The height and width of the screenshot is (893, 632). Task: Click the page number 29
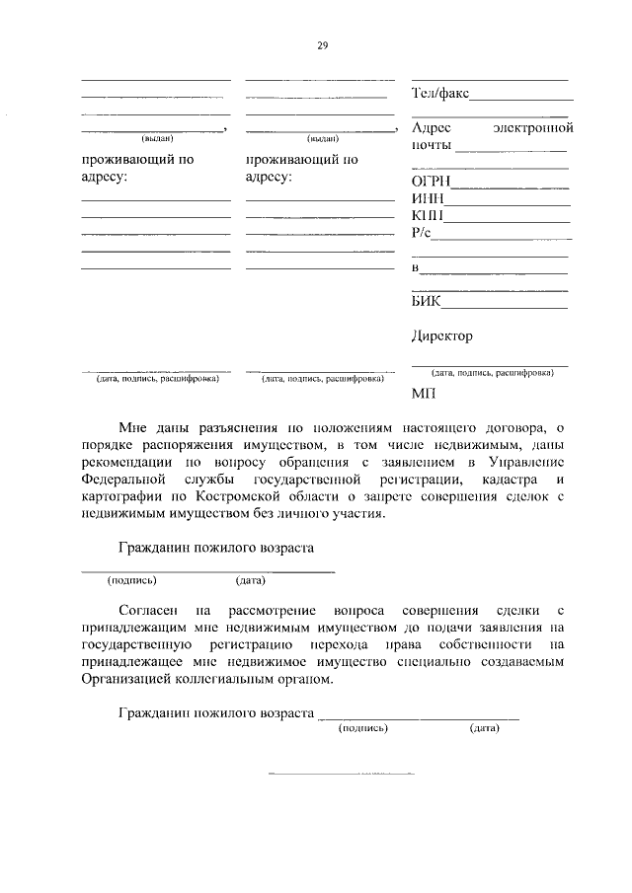tap(322, 44)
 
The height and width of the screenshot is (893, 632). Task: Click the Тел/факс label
tap(439, 95)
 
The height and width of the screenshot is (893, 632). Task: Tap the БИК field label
tap(426, 301)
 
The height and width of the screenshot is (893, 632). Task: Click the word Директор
tap(441, 335)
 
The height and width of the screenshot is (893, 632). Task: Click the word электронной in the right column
tap(532, 128)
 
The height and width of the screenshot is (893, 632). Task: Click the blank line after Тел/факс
tap(521, 100)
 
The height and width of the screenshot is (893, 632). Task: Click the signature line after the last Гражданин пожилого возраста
tap(419, 717)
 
